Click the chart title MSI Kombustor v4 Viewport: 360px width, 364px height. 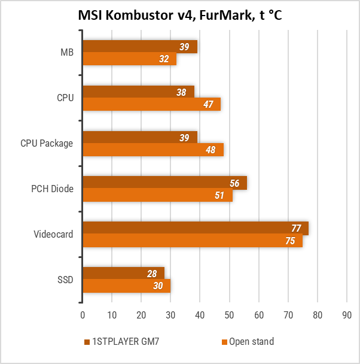[179, 16]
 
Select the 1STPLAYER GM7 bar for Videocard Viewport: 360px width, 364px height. [195, 228]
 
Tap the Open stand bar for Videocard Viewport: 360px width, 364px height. [192, 241]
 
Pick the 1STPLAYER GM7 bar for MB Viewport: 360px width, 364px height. [139, 47]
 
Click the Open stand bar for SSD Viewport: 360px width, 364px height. [126, 286]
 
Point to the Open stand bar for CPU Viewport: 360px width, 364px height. [151, 104]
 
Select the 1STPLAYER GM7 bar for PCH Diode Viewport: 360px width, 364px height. [164, 183]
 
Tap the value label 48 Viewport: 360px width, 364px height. [210, 150]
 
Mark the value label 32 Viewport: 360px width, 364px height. [164, 59]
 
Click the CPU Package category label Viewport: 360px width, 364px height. [47, 144]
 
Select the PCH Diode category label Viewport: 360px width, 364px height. [53, 189]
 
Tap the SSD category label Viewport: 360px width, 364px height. [65, 280]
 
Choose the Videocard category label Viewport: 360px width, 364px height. [54, 234]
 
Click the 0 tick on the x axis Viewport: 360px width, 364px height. [83, 314]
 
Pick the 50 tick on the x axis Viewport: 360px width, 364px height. [229, 314]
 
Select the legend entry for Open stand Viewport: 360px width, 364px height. [248, 342]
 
